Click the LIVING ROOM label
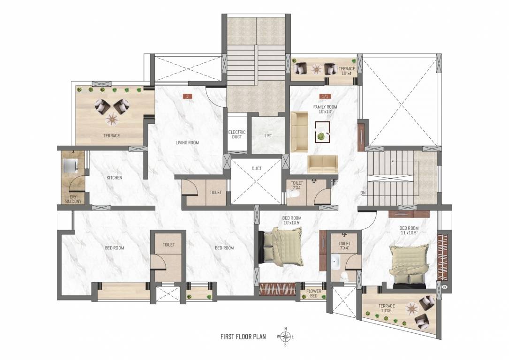(187, 142)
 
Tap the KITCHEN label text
(114, 178)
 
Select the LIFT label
(268, 136)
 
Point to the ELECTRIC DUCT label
(237, 135)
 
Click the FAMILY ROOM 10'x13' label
(325, 110)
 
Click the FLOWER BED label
(313, 293)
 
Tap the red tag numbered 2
(188, 97)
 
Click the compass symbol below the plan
(285, 337)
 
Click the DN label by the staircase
(363, 193)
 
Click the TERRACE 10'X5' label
(387, 308)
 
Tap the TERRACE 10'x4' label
(347, 71)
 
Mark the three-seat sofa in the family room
(298, 127)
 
